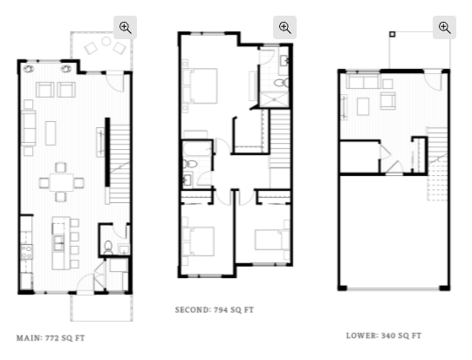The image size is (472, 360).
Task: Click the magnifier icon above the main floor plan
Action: pyautogui.click(x=126, y=28)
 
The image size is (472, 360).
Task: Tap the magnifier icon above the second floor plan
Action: pyautogui.click(x=284, y=28)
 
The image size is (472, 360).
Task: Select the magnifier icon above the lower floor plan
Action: pyautogui.click(x=444, y=28)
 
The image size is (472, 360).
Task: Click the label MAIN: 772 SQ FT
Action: pyautogui.click(x=51, y=338)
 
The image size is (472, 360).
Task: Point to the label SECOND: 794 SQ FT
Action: pyautogui.click(x=215, y=309)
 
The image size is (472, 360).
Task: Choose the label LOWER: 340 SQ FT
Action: pyautogui.click(x=384, y=336)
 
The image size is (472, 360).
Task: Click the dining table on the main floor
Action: pyautogui.click(x=61, y=182)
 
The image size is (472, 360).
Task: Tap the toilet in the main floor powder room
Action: pyautogui.click(x=108, y=248)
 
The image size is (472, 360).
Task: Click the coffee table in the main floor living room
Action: pyautogui.click(x=51, y=133)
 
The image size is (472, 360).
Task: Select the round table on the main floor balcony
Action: pyautogui.click(x=106, y=41)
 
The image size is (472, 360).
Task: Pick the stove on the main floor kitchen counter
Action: pyautogui.click(x=26, y=252)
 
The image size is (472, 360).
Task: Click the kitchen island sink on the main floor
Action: pyautogui.click(x=58, y=243)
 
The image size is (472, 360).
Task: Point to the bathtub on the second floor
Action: pyautogui.click(x=197, y=149)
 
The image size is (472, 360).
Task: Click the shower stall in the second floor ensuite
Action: pyautogui.click(x=274, y=99)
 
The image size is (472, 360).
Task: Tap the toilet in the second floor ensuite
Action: pyautogui.click(x=281, y=83)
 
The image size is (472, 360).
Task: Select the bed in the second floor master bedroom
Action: pyautogui.click(x=200, y=85)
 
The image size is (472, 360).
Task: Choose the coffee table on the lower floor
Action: pyautogui.click(x=363, y=106)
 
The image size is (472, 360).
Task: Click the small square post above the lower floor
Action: pyautogui.click(x=392, y=34)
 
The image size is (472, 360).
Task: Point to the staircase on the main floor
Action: pyautogui.click(x=120, y=164)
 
